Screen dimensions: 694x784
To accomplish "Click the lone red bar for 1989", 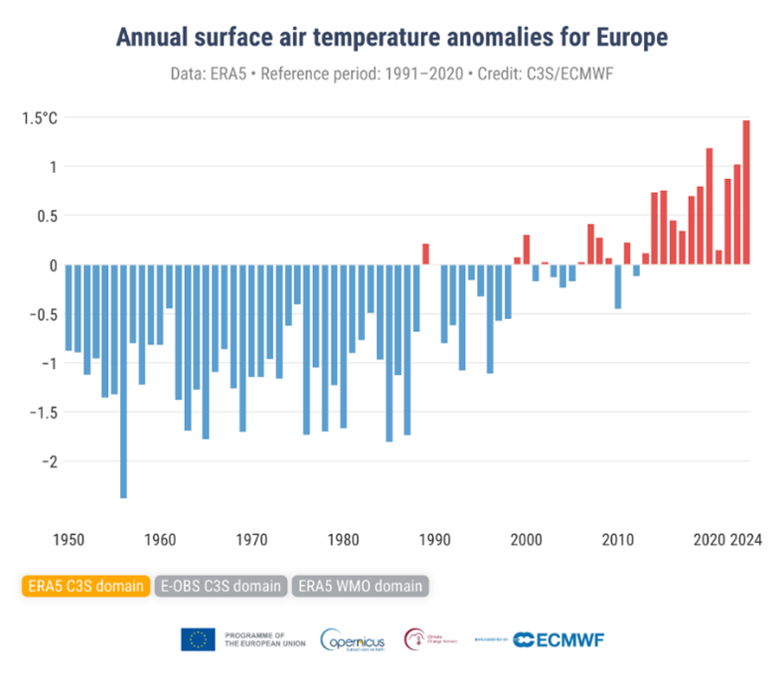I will pyautogui.click(x=425, y=254).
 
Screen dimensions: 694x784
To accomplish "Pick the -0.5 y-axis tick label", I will pyautogui.click(x=42, y=314).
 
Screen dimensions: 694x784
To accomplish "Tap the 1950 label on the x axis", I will pyautogui.click(x=68, y=541).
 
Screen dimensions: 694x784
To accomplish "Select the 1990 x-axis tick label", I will pyautogui.click(x=434, y=541).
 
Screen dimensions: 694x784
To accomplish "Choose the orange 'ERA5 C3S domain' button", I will pyautogui.click(x=82, y=586).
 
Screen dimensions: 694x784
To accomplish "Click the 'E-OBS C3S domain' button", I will pyautogui.click(x=222, y=586).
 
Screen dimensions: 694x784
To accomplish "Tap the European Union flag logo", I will pyautogui.click(x=198, y=639).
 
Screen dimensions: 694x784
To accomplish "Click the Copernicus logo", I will pyautogui.click(x=354, y=639).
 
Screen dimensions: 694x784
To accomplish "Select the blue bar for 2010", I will pyautogui.click(x=618, y=286).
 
